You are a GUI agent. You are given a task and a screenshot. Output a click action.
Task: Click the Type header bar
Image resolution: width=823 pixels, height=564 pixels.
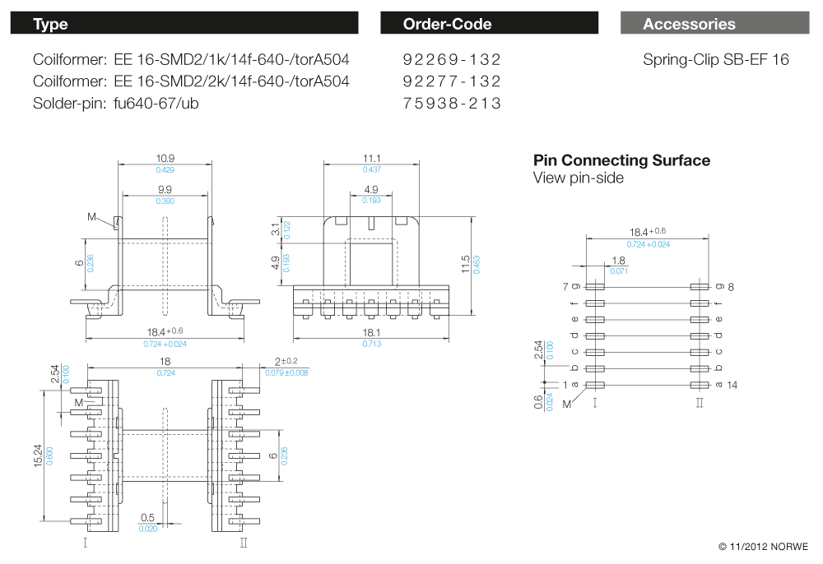(184, 24)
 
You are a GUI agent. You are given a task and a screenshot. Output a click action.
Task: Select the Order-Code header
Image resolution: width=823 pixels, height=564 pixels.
(489, 24)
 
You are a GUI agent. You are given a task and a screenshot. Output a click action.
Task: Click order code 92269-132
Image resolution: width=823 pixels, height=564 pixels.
(452, 60)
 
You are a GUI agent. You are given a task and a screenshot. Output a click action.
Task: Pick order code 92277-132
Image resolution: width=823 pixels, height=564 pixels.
(452, 81)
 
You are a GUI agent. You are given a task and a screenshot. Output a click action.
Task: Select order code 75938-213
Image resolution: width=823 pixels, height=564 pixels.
(452, 104)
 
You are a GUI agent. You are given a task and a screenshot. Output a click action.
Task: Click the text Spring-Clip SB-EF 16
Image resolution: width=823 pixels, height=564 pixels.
(715, 60)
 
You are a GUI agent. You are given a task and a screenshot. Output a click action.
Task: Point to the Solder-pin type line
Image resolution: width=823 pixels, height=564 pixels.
(115, 104)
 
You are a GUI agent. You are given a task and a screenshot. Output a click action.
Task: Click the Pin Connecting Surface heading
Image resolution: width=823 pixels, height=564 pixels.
(621, 160)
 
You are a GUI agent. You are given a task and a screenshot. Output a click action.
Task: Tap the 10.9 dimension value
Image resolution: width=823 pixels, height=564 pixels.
(165, 158)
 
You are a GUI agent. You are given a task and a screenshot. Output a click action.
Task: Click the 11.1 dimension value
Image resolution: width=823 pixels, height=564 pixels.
(371, 158)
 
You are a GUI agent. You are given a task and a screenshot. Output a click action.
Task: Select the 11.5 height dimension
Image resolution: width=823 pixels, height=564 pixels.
(466, 264)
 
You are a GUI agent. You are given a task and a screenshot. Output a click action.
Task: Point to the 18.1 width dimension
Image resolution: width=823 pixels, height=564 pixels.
(371, 333)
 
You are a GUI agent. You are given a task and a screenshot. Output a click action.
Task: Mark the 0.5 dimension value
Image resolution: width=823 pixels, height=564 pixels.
(147, 517)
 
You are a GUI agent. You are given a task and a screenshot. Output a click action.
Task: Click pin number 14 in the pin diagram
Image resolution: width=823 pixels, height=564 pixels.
(732, 385)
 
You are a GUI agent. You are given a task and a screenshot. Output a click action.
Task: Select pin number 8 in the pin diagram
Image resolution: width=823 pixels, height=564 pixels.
(730, 286)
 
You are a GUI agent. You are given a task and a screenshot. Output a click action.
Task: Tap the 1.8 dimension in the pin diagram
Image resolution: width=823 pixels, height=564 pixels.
(619, 261)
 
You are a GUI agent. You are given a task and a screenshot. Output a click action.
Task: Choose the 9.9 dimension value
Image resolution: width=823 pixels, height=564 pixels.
(165, 190)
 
